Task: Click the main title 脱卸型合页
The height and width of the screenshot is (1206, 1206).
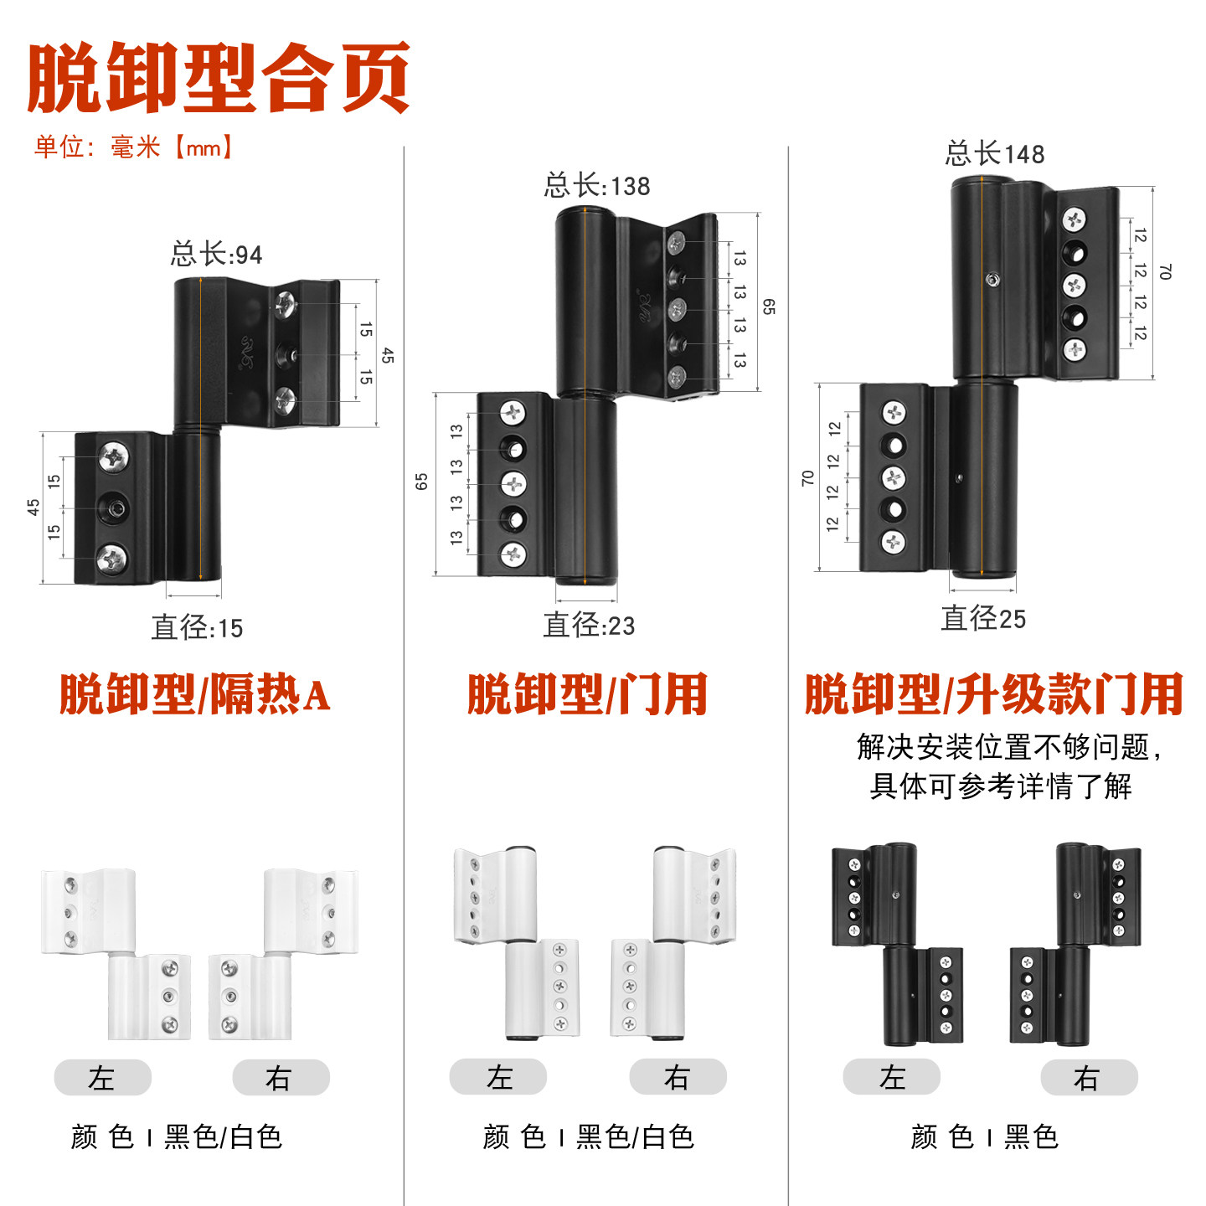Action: (x=218, y=78)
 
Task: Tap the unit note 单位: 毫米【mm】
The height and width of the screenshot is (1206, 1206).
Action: (x=134, y=147)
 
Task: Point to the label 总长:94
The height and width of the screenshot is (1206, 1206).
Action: (x=217, y=254)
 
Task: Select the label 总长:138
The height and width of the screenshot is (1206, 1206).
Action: (x=596, y=186)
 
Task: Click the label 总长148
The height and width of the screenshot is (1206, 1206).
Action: (x=994, y=153)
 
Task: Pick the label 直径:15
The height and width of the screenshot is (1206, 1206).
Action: (x=197, y=627)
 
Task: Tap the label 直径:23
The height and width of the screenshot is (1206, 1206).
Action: (x=588, y=625)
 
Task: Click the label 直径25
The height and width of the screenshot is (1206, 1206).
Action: (x=983, y=618)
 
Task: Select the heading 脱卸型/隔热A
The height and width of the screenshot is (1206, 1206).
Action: (x=194, y=693)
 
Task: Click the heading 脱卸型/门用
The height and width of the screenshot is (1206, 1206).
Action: (x=587, y=693)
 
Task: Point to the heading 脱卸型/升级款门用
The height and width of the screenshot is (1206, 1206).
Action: (x=993, y=693)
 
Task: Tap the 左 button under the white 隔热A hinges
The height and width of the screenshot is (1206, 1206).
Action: (x=103, y=1077)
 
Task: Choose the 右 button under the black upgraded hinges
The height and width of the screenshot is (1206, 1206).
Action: (x=1089, y=1077)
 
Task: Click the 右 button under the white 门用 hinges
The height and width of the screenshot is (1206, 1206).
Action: (x=678, y=1076)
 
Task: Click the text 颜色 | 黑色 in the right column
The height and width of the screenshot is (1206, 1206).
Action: (x=984, y=1136)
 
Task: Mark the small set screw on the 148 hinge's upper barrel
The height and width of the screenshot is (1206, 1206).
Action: (x=992, y=279)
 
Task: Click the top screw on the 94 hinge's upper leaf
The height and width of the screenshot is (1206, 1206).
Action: (x=286, y=303)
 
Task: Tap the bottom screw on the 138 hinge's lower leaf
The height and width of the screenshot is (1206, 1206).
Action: (x=513, y=554)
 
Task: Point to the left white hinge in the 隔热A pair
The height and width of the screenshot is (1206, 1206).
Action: (x=116, y=954)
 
